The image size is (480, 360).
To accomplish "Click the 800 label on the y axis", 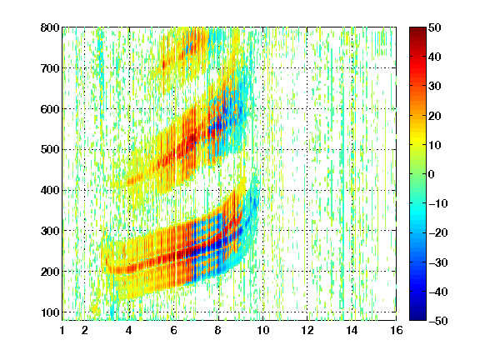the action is pos(50,27).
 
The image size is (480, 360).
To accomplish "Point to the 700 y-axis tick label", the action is pos(50,68).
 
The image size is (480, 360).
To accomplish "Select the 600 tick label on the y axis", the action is pos(50,109).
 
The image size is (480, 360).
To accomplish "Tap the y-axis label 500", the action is pos(50,150).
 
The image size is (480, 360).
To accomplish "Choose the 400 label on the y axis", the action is pos(50,190).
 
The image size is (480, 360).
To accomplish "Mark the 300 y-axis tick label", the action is pos(50,231).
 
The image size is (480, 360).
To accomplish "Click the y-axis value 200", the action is pos(50,272).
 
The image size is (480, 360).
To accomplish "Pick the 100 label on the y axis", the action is pos(50,312).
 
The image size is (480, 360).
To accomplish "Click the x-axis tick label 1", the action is pos(62,330).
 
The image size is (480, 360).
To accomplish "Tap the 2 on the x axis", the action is pos(85,330).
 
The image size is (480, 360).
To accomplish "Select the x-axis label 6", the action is pos(174,330).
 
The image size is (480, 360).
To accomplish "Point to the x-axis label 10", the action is pos(263,330).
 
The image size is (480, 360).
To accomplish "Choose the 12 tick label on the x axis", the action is pos(307,330).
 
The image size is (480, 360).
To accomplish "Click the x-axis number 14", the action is pos(352,330).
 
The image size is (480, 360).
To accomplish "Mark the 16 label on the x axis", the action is pos(397,330).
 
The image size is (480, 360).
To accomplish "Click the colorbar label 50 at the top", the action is pos(434,27).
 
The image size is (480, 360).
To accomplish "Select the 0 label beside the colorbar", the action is pos(432,174).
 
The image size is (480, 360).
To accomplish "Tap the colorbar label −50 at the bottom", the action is pos(438,321).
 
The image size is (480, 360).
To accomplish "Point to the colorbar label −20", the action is pos(438,232).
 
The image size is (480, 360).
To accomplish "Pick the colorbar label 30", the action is pos(434,86).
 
